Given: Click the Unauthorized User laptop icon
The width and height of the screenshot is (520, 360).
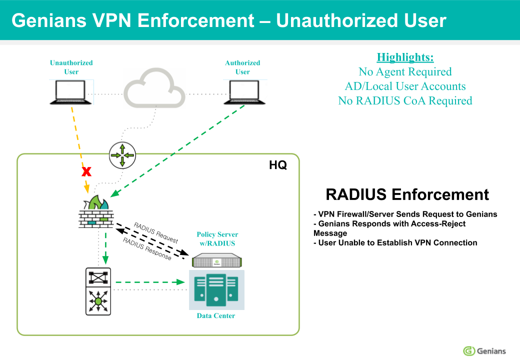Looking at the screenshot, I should coord(70,92).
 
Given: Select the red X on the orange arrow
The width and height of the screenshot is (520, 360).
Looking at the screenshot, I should coord(86,172).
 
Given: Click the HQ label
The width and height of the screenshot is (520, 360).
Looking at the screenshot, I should coord(278,165).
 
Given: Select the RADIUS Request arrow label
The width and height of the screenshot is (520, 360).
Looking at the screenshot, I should coord(155,232).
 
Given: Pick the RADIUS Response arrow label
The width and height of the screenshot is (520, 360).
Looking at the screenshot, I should coord(147,248).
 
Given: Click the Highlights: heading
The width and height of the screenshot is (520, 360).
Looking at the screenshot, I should coord(405,56).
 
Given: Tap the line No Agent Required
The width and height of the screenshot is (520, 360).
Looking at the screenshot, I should coord(405,71).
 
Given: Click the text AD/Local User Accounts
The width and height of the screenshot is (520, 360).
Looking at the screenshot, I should coord(405,86).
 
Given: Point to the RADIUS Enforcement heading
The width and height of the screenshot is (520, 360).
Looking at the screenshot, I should coord(407,194).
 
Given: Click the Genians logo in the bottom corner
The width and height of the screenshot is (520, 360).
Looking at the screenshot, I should coord(484,350).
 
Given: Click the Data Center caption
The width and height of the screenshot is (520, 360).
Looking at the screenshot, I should coord(216,315).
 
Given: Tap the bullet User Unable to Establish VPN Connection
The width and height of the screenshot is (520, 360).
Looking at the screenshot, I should coord(395,242).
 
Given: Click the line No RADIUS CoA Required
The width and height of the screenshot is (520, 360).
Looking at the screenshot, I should coord(405,100).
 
